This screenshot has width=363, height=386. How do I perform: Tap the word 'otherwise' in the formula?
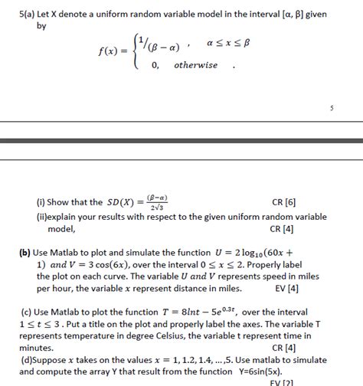coord(196,65)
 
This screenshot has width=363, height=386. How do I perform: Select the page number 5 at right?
coord(332,109)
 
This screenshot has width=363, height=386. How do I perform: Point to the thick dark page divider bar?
coord(181,142)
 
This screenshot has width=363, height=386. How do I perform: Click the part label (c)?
coord(25,312)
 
